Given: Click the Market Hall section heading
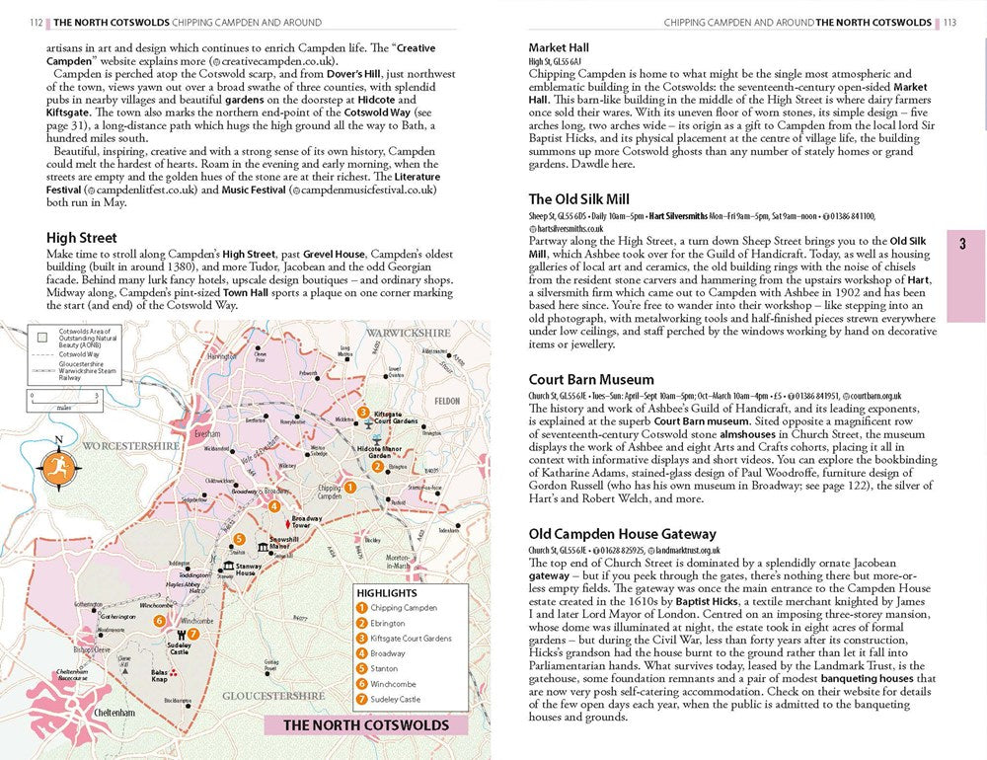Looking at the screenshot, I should click(559, 47).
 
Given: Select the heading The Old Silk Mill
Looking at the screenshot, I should click(579, 199).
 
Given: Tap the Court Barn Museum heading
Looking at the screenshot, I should click(591, 379).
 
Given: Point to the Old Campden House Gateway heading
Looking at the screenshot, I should click(623, 534).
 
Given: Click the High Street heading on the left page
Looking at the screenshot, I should click(82, 238).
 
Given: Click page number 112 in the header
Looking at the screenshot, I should click(38, 22).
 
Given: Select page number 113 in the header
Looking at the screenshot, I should click(949, 22).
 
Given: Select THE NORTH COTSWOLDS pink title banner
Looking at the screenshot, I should click(365, 725).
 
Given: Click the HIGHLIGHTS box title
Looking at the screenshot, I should click(385, 592).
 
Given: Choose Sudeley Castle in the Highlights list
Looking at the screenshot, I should click(395, 699).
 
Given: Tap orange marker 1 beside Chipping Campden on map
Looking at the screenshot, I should click(348, 486).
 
